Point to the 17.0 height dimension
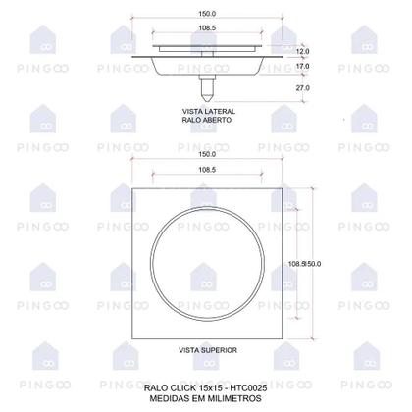click(302, 67)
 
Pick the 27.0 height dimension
click(302, 88)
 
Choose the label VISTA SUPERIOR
click(206, 349)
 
